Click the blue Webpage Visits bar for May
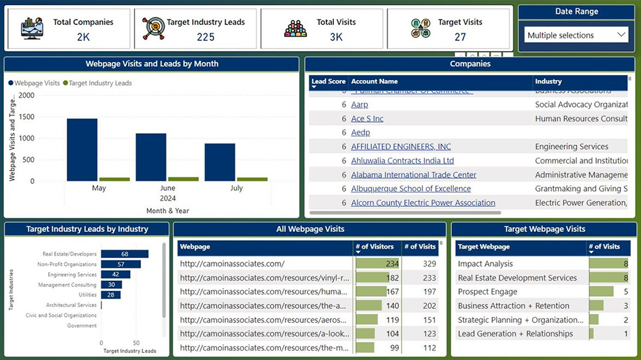[82, 149]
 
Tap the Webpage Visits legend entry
[37, 83]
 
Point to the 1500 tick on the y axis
[27, 117]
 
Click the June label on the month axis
[167, 188]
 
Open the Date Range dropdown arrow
[620, 35]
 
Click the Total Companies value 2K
[83, 37]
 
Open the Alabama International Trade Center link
[413, 175]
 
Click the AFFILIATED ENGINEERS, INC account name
[401, 147]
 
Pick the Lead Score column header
[328, 81]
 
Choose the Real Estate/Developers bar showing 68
[124, 254]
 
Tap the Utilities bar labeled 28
[111, 295]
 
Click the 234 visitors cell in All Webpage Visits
[377, 264]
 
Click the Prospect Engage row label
[487, 292]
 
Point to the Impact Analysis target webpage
[485, 264]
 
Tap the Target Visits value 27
[460, 37]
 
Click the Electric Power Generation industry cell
[580, 203]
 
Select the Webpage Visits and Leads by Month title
[152, 64]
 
